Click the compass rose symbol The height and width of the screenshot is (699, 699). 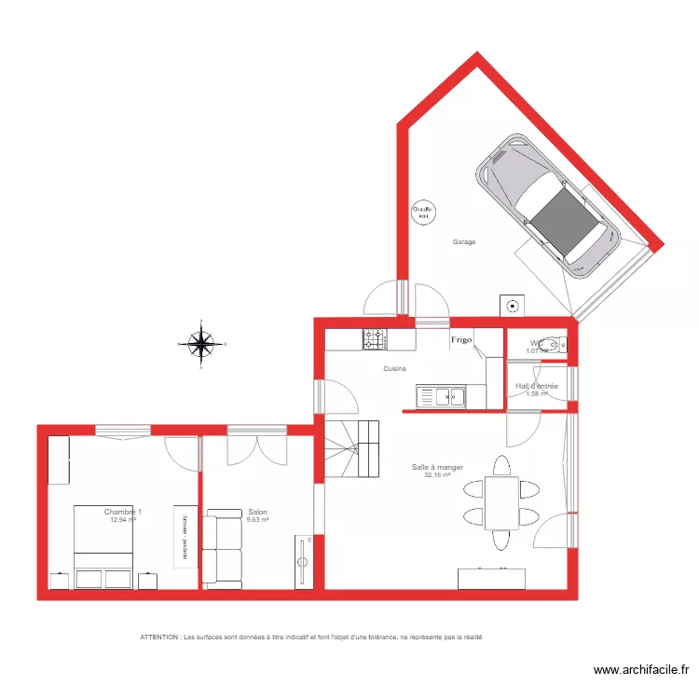200,344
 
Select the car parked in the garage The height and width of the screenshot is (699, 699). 547,206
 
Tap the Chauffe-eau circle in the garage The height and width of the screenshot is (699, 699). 424,212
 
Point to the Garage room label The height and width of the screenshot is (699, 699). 464,242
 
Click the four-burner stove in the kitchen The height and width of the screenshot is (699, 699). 375,339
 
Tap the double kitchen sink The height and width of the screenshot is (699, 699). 442,397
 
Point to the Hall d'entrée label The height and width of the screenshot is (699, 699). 537,386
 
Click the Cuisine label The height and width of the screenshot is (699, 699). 394,369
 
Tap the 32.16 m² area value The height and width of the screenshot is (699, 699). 437,475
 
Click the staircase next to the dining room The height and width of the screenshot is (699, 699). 351,448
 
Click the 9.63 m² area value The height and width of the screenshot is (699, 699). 258,520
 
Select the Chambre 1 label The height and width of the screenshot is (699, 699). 123,512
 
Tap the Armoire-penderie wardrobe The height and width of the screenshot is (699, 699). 185,535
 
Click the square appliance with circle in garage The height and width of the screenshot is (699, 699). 513,306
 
